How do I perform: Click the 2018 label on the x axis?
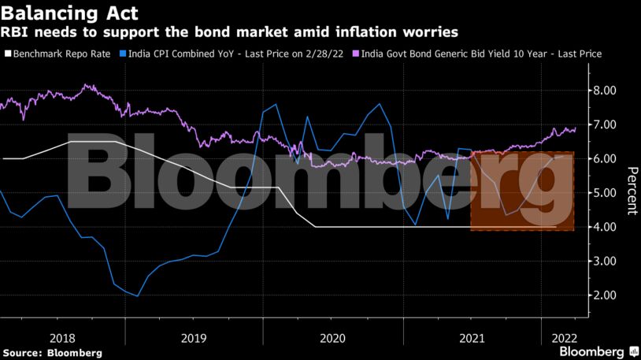(63, 337)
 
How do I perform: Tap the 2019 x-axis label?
(194, 337)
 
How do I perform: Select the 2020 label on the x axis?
(333, 337)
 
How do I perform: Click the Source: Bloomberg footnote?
(52, 353)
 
